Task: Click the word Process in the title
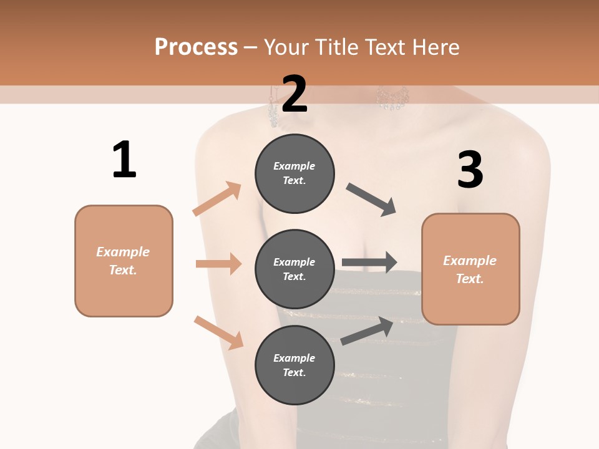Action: (196, 47)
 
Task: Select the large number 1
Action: (125, 159)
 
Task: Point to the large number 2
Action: (294, 94)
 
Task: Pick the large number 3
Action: (470, 169)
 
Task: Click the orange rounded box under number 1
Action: (124, 261)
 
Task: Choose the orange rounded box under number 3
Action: (470, 269)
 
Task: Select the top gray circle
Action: (295, 174)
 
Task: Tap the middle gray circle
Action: (295, 269)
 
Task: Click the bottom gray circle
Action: (295, 365)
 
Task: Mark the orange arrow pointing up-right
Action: (217, 198)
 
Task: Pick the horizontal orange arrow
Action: (219, 263)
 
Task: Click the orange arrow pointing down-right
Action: (219, 333)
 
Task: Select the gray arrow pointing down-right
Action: (371, 200)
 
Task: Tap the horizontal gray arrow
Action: (369, 263)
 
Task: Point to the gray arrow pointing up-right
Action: (367, 331)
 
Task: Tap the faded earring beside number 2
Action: (273, 106)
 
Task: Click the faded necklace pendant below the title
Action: (392, 98)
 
